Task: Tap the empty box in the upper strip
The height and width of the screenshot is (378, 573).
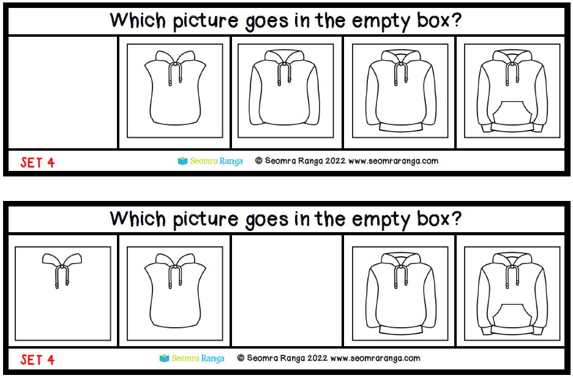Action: click(x=62, y=92)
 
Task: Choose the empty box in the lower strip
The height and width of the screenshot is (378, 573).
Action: click(x=287, y=290)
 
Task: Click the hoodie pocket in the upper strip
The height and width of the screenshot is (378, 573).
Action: click(x=512, y=112)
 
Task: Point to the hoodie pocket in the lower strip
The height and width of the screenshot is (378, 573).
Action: click(x=512, y=315)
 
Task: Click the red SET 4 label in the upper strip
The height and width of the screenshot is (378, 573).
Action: click(x=37, y=162)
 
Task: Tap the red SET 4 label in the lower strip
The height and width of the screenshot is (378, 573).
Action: click(x=37, y=360)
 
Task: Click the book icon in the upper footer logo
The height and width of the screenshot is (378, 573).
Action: click(x=182, y=161)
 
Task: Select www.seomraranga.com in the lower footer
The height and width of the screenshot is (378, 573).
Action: click(x=375, y=358)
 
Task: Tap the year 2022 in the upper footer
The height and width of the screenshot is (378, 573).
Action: click(x=335, y=161)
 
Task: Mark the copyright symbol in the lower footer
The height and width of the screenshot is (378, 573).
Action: click(x=241, y=358)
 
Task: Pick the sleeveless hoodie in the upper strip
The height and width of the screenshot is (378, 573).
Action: click(x=175, y=88)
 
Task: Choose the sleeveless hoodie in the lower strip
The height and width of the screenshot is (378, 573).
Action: click(x=175, y=290)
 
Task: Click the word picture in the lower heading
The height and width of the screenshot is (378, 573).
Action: click(x=205, y=220)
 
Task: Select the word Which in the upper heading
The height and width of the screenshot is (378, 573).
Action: click(x=138, y=20)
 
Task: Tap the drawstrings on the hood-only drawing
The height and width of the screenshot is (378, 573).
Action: click(x=62, y=277)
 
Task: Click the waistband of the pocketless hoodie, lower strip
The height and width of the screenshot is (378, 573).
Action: click(x=401, y=330)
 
